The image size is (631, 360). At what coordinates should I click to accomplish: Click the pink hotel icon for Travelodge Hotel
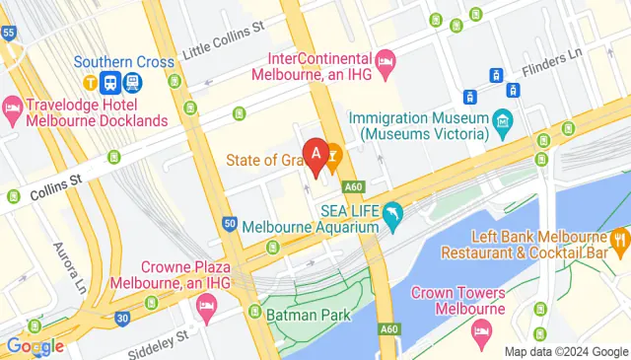point(13,106)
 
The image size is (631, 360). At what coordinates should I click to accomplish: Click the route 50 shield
point(229,225)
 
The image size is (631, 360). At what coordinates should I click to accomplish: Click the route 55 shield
point(9,33)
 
